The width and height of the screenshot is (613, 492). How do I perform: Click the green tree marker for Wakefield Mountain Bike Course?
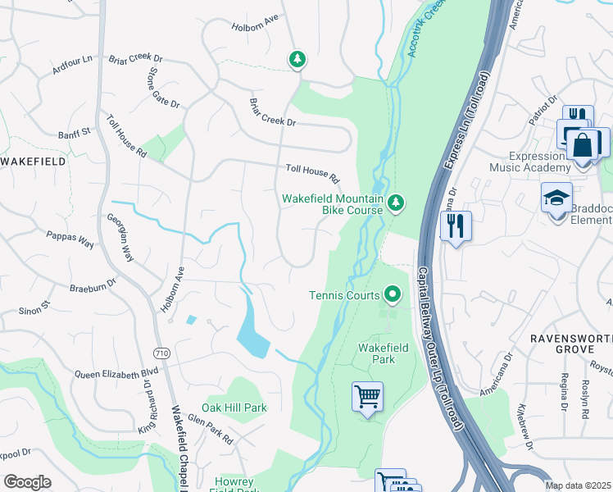[x=396, y=202]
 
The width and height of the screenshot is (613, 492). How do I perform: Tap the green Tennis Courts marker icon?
[x=393, y=294]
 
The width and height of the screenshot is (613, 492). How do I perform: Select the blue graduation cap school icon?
[x=556, y=198]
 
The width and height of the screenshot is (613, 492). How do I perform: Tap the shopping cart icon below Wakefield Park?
[x=368, y=397]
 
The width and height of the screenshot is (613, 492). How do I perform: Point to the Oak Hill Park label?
[x=234, y=408]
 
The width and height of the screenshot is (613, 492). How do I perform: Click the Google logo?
[x=27, y=481]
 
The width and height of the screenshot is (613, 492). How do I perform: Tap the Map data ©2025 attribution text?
[x=577, y=485]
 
